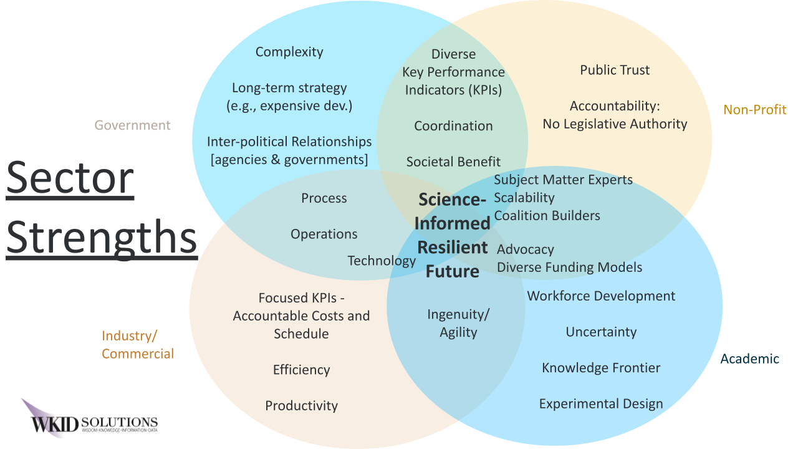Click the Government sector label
132,125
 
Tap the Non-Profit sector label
754,110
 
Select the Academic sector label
749,359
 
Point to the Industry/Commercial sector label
138,345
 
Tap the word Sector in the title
70,178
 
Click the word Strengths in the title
102,237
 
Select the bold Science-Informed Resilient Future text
452,235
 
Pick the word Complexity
289,52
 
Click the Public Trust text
615,70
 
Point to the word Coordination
453,126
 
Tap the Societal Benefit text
453,162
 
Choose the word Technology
382,261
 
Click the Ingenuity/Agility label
458,323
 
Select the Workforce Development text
601,296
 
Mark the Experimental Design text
601,404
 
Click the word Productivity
301,406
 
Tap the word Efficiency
301,370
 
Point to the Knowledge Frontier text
601,368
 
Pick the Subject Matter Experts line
563,180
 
